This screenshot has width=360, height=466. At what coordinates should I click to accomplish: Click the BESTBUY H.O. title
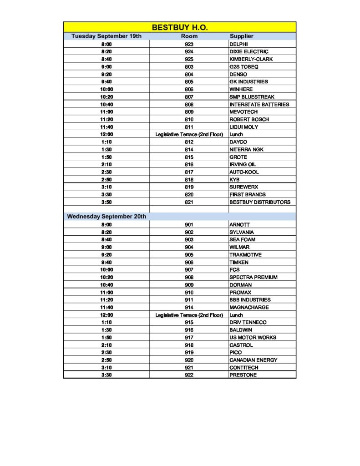pyautogui.click(x=180, y=27)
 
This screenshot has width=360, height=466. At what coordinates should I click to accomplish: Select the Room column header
pyautogui.click(x=189, y=36)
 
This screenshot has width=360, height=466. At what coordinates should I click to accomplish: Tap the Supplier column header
pyautogui.click(x=241, y=36)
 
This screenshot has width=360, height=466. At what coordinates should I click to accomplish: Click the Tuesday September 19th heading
pyautogui.click(x=106, y=36)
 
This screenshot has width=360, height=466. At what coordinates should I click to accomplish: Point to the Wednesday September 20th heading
pyautogui.click(x=106, y=217)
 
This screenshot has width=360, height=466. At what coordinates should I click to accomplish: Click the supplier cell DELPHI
pyautogui.click(x=239, y=44)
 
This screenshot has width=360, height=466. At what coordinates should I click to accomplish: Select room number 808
pyautogui.click(x=189, y=105)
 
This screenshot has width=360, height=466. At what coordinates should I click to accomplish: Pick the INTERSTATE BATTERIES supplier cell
pyautogui.click(x=259, y=105)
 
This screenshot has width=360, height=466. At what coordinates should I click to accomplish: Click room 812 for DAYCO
pyautogui.click(x=189, y=142)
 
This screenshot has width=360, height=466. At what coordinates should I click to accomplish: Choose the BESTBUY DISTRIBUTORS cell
pyautogui.click(x=259, y=202)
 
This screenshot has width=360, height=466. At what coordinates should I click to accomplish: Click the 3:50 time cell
pyautogui.click(x=106, y=202)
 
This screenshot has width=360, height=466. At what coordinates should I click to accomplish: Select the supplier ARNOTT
pyautogui.click(x=239, y=225)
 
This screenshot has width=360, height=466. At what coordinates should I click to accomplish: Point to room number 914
pyautogui.click(x=189, y=308)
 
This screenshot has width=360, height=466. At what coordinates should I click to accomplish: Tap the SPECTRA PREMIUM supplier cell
pyautogui.click(x=253, y=277)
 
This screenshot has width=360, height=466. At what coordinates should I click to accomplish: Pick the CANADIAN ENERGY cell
pyautogui.click(x=253, y=360)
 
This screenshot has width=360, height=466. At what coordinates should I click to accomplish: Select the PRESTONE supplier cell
pyautogui.click(x=243, y=375)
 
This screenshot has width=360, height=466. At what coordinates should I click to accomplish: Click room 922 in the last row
pyautogui.click(x=189, y=375)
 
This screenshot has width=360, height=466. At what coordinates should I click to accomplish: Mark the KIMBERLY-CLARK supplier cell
pyautogui.click(x=251, y=59)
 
